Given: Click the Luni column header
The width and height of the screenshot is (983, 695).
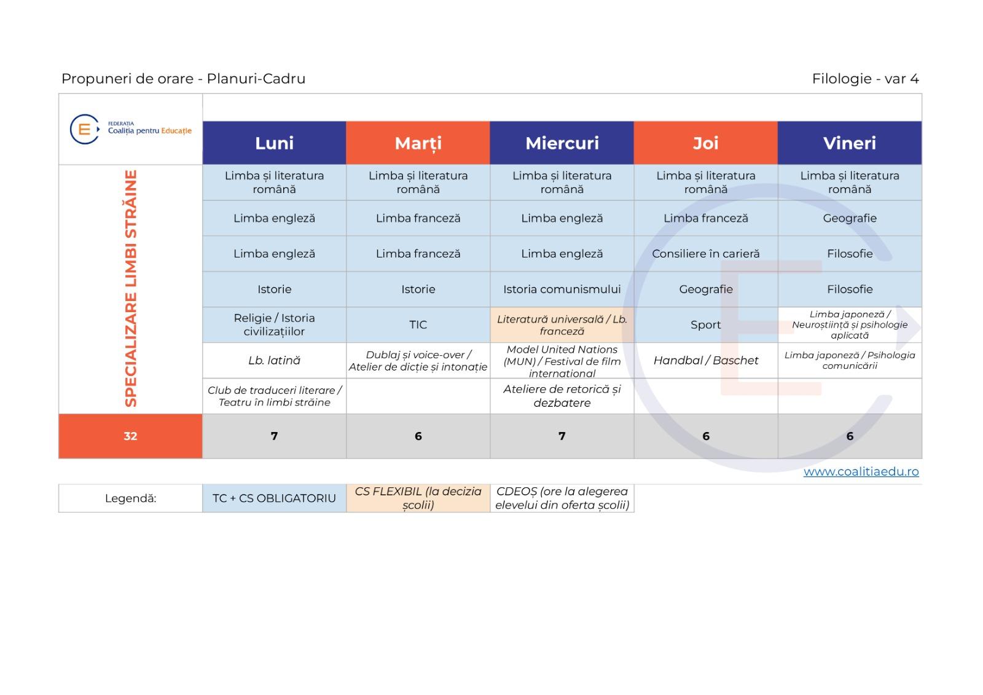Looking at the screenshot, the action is point(274,143).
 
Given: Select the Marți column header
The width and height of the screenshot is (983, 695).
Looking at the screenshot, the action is point(418,143).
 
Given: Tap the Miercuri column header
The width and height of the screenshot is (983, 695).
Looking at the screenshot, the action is point(562,143).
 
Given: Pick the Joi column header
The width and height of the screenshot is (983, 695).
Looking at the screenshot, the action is point(706,143).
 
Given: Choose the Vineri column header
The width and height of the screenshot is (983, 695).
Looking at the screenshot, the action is point(850,143).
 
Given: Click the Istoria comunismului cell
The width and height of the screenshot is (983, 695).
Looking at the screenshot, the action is point(562,289).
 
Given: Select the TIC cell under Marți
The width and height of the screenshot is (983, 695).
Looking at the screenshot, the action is point(418,325).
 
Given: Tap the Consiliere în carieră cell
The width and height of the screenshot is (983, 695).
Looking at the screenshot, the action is point(706,254).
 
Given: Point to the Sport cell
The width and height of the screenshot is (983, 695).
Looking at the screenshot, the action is point(706,325).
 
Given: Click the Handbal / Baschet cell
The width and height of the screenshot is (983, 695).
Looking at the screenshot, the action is point(706,361).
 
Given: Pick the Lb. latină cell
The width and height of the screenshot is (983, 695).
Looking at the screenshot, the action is point(274,361).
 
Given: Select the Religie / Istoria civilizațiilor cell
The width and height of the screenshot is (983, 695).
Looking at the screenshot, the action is point(274,325).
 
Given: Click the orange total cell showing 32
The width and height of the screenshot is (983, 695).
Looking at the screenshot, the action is point(130,436).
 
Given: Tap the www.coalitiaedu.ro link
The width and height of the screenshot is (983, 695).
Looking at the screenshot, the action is point(861,471).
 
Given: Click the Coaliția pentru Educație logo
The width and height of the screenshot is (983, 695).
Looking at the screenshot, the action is point(131,129).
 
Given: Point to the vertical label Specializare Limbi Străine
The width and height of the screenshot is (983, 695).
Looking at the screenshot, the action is point(131,289).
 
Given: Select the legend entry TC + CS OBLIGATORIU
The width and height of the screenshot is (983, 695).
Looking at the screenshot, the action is point(274,498).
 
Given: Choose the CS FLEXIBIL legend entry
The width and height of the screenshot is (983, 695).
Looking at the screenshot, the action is point(418,498).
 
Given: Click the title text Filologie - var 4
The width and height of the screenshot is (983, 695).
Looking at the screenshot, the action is point(866,79).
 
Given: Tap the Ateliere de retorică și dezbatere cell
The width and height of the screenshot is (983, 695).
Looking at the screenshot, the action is point(562,396).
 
